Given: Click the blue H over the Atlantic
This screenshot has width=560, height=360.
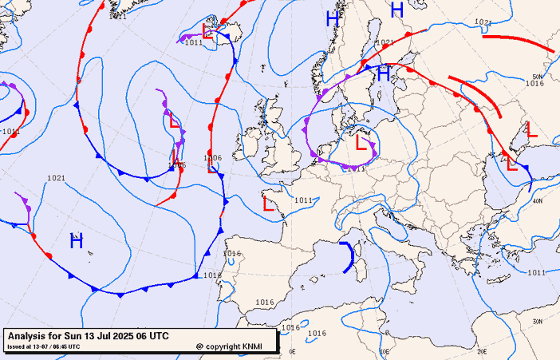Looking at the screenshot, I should point(77,239).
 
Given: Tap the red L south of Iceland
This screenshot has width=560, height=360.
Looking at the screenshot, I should point(175,121).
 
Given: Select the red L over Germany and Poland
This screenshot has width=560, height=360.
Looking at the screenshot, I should point(362,144).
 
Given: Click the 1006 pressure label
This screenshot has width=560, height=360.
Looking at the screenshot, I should point(212,158).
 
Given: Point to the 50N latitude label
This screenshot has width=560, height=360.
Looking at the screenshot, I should point(537,77).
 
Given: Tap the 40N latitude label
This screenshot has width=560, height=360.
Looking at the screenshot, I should point(537,200).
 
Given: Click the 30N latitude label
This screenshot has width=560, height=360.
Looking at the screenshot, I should point(537,322).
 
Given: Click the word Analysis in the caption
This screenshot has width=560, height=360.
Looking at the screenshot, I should point(29,335).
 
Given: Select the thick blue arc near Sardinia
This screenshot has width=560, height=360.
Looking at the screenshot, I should point(349,257).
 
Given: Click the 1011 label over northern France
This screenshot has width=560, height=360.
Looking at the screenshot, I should point(303,200).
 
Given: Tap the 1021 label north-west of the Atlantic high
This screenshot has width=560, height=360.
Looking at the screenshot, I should point(56,178).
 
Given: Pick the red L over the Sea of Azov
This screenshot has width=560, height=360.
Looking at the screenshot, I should point(532,129).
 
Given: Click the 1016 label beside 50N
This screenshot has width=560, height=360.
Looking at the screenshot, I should point(534,84).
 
